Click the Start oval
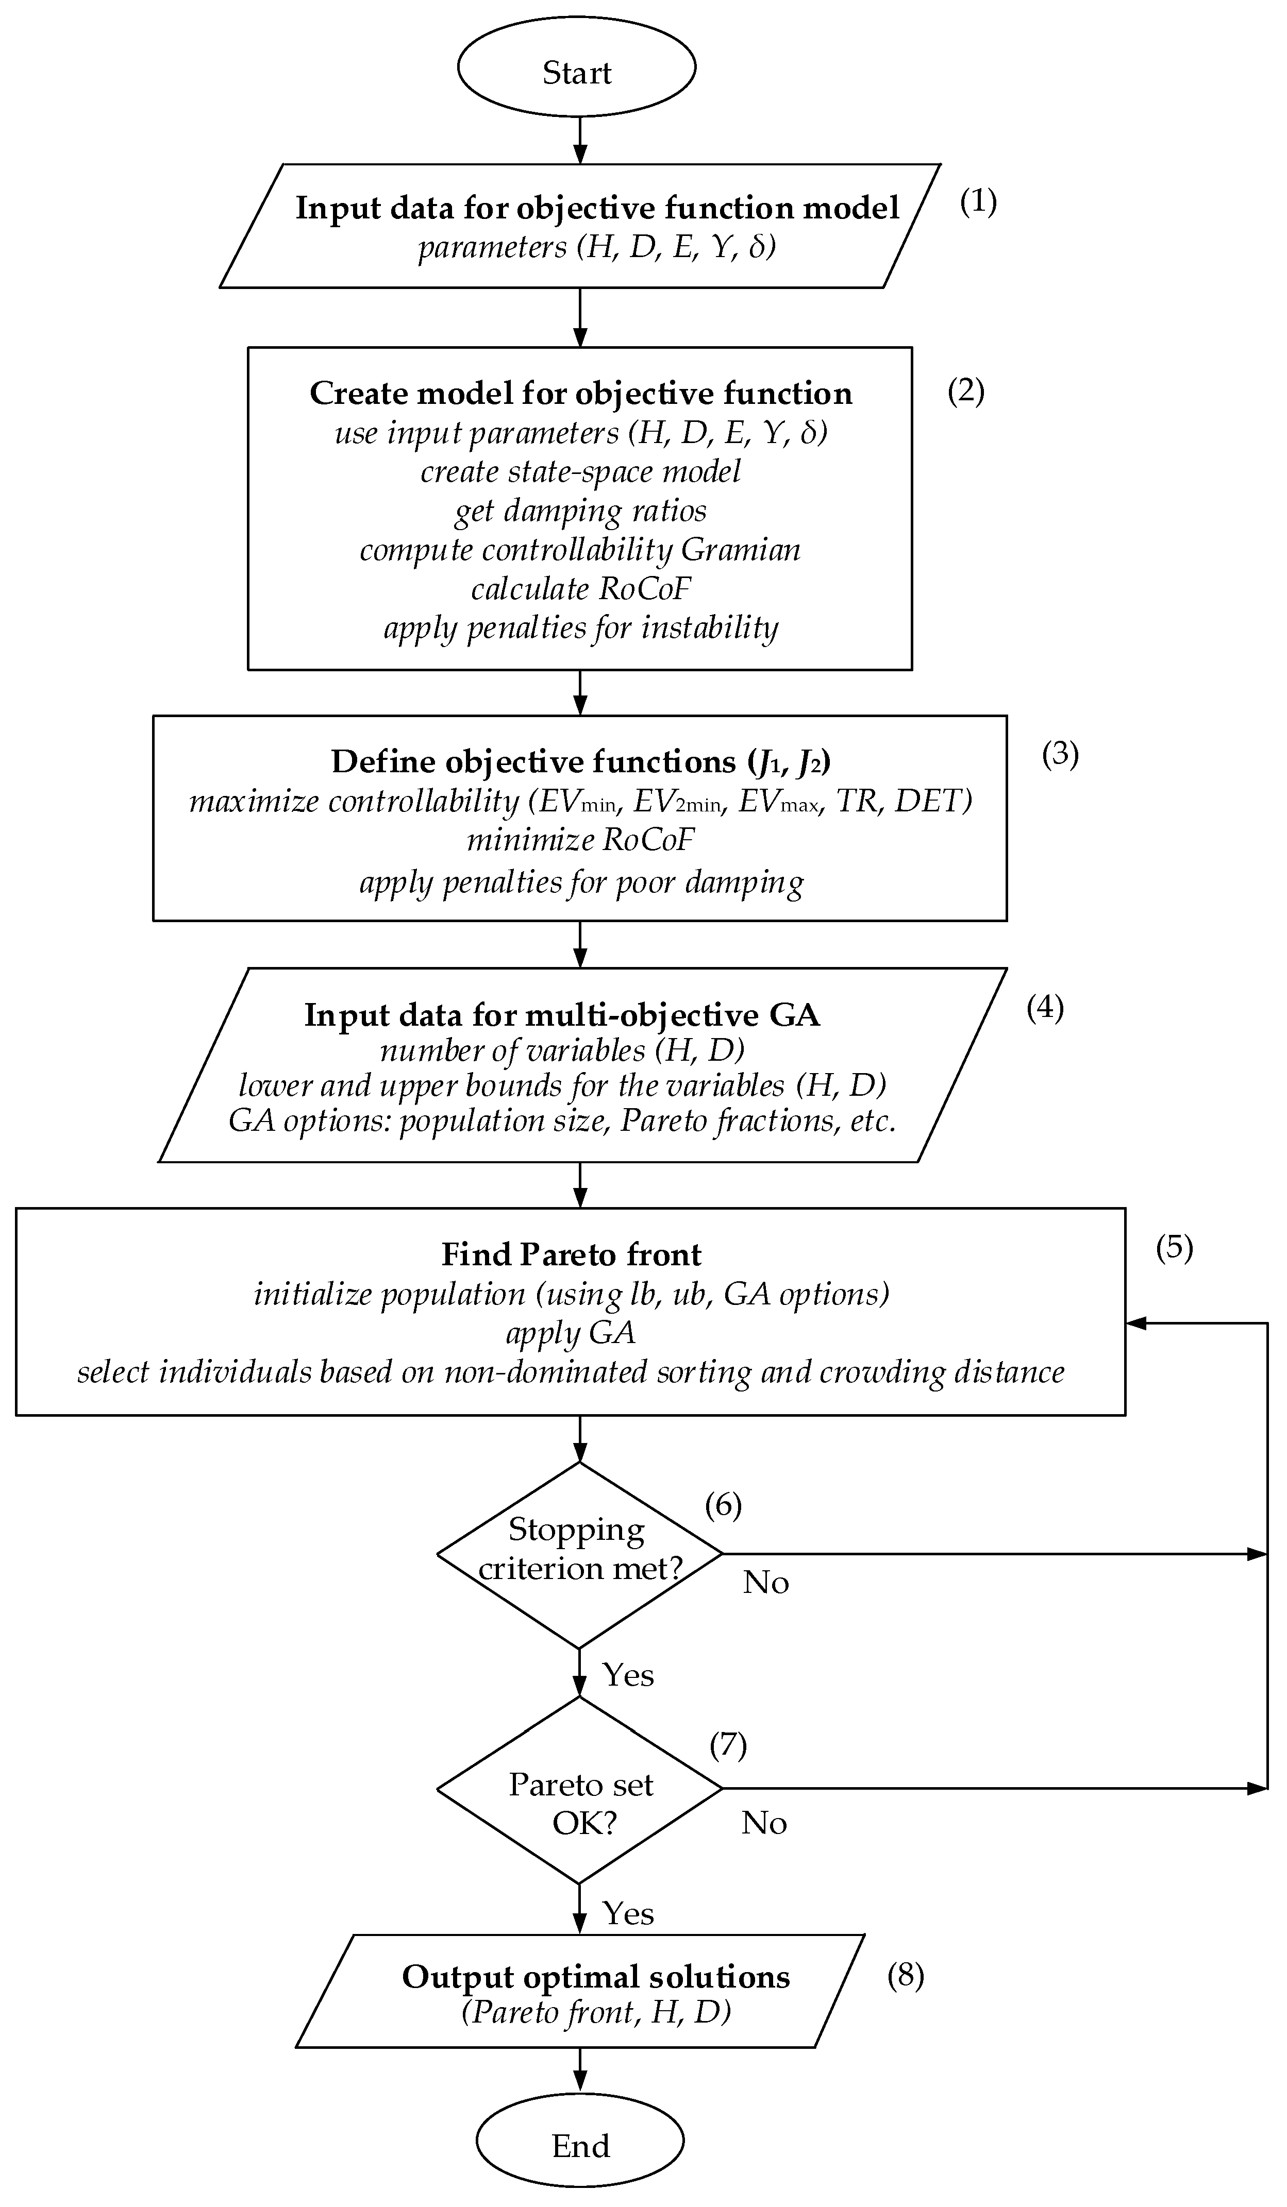[576, 69]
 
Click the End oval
[579, 2138]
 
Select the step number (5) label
[1174, 1247]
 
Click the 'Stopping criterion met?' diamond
[579, 1555]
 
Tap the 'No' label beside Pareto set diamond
[764, 1823]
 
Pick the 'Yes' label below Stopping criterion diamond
[627, 1674]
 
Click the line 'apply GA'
[571, 1332]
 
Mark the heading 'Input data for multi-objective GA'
[562, 1014]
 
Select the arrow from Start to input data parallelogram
[579, 140]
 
